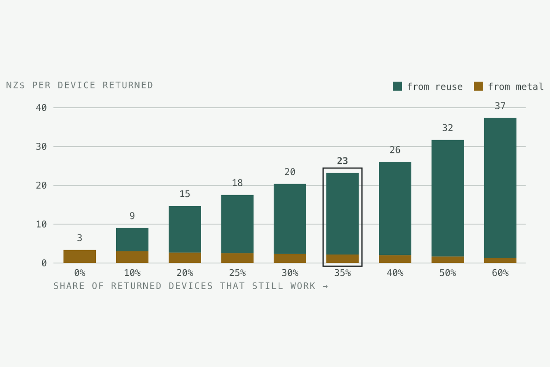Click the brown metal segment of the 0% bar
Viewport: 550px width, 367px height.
click(x=80, y=257)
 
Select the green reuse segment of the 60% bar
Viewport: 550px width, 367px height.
click(x=500, y=188)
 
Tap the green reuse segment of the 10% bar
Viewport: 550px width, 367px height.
click(x=132, y=240)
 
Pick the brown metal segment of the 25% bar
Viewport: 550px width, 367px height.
click(x=237, y=258)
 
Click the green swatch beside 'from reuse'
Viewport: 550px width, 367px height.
click(x=397, y=86)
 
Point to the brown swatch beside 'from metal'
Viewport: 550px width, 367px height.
click(x=478, y=86)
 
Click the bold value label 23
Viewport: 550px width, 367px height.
click(x=342, y=161)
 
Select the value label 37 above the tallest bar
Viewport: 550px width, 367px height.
click(x=500, y=106)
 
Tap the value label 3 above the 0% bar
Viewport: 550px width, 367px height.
click(x=80, y=238)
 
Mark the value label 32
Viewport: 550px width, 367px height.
click(x=447, y=128)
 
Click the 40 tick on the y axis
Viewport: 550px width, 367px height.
click(x=41, y=108)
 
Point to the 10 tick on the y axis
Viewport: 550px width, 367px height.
click(x=41, y=224)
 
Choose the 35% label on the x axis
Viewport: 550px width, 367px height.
click(x=342, y=273)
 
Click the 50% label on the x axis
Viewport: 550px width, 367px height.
click(x=447, y=273)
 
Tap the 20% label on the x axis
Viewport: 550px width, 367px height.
click(x=185, y=273)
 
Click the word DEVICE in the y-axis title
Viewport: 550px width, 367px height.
click(x=76, y=85)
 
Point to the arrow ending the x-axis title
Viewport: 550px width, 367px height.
click(x=325, y=286)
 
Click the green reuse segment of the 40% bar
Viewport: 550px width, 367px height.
click(x=395, y=208)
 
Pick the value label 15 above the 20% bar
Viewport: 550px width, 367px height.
click(x=185, y=194)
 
